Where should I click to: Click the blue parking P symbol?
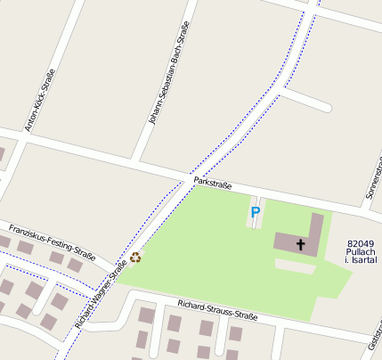[256, 213]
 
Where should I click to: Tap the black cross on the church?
[300, 244]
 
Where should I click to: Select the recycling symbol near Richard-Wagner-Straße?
[135, 258]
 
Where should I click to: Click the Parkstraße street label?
[212, 184]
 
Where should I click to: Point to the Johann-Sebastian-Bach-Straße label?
[168, 72]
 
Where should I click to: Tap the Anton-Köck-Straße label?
[40, 100]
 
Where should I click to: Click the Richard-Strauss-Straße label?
[217, 309]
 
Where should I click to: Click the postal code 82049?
[361, 242]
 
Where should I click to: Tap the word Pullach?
[361, 252]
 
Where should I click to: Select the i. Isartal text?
[361, 262]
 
